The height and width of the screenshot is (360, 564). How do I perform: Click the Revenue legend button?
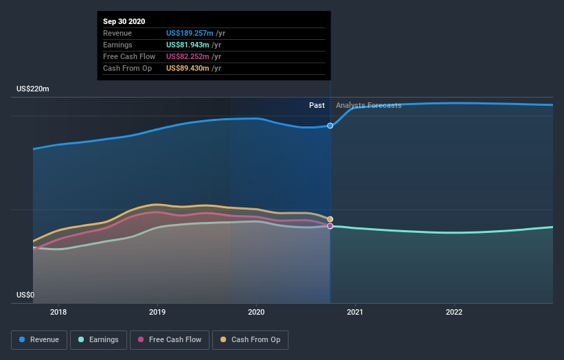click(x=40, y=339)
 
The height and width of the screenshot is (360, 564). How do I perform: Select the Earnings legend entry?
click(x=99, y=339)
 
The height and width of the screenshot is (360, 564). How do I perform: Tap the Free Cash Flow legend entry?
click(x=169, y=339)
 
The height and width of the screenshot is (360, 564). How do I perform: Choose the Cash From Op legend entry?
click(x=251, y=339)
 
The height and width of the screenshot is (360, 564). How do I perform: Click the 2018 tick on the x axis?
click(x=58, y=311)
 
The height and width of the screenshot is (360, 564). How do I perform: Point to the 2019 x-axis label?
click(x=157, y=311)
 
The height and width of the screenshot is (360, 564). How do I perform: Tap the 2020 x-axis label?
click(x=256, y=311)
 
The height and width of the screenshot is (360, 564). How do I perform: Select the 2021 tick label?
click(x=355, y=311)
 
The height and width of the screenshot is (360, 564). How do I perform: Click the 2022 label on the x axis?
click(x=454, y=311)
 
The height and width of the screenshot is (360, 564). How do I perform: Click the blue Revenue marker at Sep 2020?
click(x=330, y=126)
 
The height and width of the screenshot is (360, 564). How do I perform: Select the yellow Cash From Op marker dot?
click(x=330, y=219)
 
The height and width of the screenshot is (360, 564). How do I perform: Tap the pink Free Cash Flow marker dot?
click(x=330, y=226)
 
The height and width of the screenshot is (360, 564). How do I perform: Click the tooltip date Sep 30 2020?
click(x=124, y=22)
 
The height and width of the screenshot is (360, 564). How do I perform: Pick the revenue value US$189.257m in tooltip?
click(x=189, y=33)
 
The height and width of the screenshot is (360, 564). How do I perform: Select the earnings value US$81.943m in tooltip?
click(x=187, y=45)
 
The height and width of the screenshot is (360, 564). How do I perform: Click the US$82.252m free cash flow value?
click(x=187, y=56)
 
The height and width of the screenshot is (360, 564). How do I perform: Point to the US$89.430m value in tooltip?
click(x=187, y=68)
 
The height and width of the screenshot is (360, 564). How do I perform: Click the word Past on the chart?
click(x=317, y=105)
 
